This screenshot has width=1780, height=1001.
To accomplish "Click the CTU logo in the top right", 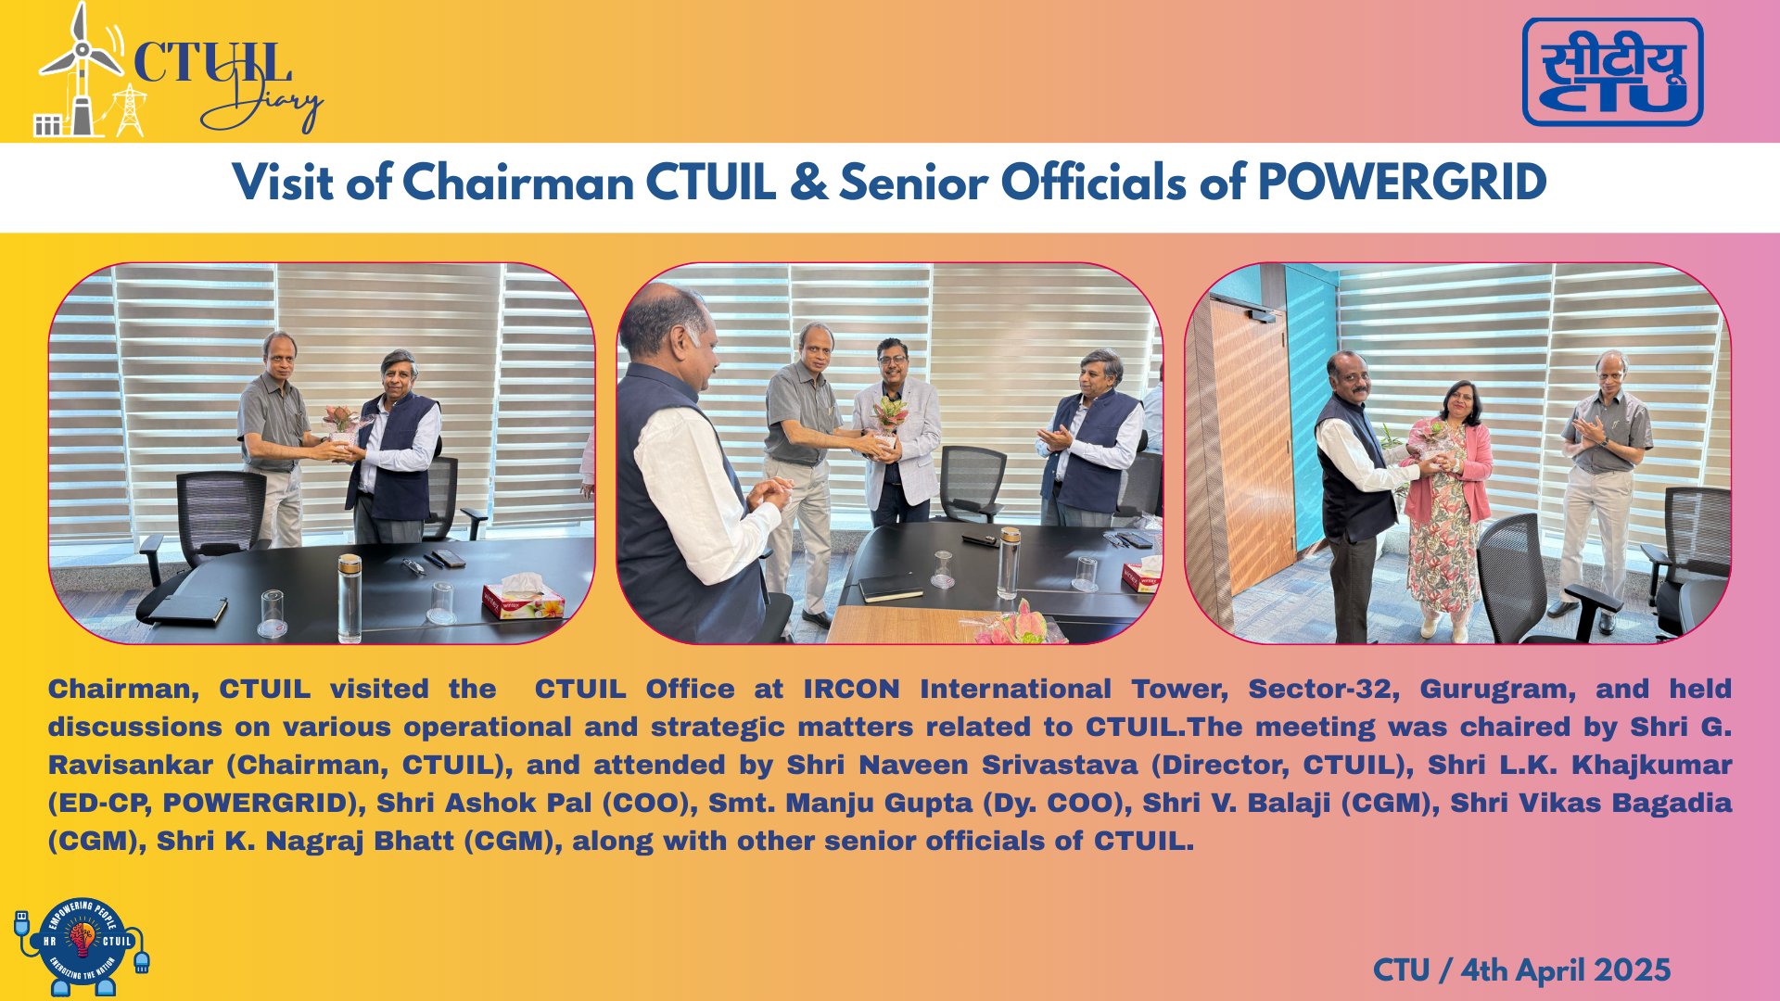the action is (x=1612, y=71).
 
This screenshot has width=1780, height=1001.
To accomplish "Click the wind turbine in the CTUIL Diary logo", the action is (x=82, y=70).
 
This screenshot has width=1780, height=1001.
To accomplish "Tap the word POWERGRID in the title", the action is (x=1402, y=183).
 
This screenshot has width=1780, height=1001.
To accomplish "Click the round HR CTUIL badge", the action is (x=83, y=946).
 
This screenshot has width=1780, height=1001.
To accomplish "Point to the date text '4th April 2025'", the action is (x=1566, y=970).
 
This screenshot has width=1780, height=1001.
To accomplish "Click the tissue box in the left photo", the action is (x=522, y=598).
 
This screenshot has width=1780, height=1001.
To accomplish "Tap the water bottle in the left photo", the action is (x=350, y=598).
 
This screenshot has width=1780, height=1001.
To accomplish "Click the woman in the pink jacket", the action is (x=1447, y=510).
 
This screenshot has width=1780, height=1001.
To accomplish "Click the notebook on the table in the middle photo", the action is (x=890, y=587).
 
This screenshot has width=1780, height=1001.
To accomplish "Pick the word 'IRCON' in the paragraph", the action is (x=851, y=690).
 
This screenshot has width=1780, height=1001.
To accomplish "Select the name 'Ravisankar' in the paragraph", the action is (x=131, y=766).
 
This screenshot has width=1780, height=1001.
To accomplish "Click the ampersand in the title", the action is (x=808, y=183).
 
